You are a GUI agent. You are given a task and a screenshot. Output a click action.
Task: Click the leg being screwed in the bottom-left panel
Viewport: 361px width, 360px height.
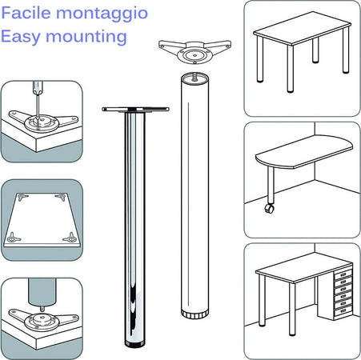37,290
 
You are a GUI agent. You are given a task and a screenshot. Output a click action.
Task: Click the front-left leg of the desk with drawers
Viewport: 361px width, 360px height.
262,304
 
